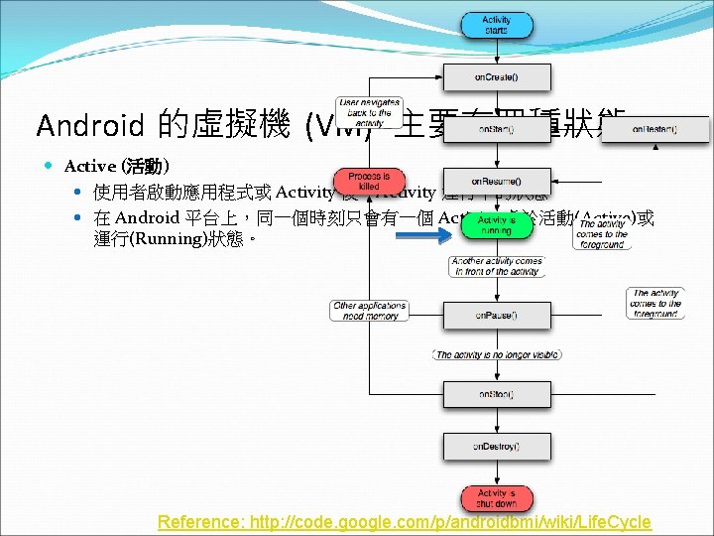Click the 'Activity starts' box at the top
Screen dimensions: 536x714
(497, 25)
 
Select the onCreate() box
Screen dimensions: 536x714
(497, 77)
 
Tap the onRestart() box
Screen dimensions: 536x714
(654, 129)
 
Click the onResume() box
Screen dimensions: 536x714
(497, 182)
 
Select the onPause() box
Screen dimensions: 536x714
(497, 315)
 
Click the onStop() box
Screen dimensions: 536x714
(497, 394)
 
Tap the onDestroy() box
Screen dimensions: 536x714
(497, 447)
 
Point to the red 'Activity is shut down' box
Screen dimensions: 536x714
(497, 499)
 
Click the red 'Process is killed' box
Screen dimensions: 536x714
(369, 181)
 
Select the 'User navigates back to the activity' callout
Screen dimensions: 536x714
(369, 113)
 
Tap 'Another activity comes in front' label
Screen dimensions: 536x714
(497, 266)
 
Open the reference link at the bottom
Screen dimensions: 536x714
(405, 522)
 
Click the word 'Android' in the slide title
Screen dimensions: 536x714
(90, 126)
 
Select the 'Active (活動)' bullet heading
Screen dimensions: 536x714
(117, 166)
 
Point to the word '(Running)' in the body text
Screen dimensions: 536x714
(164, 240)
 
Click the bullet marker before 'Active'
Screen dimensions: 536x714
(50, 166)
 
